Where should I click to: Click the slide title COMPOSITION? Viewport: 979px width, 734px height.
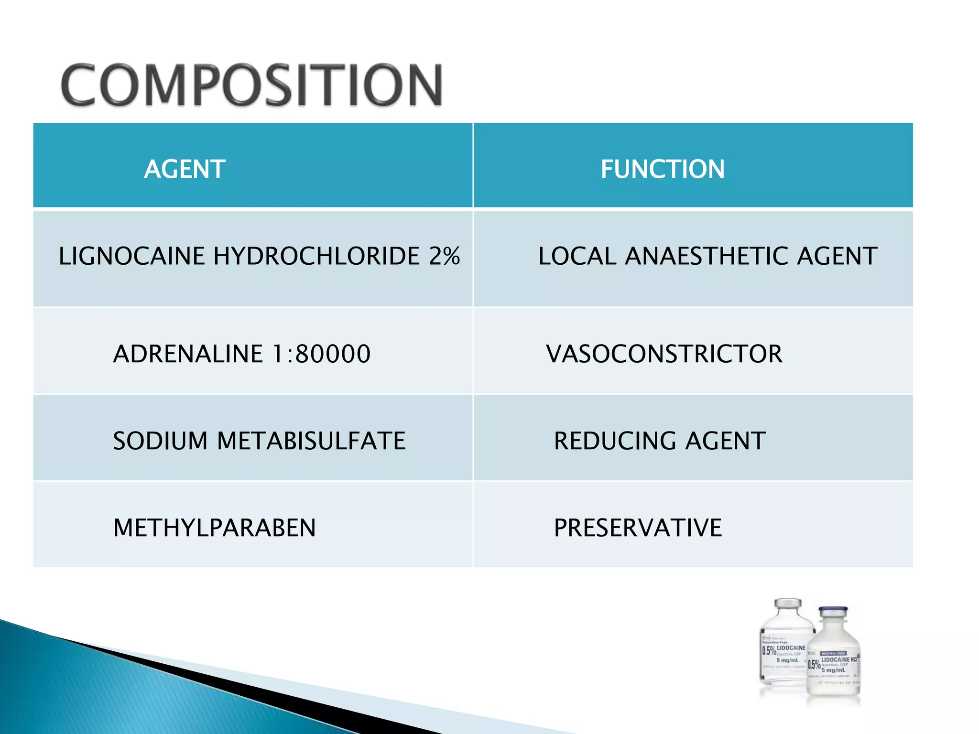point(252,85)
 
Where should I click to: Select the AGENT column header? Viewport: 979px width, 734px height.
point(185,169)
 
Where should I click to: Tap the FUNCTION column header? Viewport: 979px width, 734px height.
point(663,169)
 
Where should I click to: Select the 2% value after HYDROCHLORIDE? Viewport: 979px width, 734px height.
point(444,256)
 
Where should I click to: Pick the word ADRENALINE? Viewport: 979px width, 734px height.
point(188,354)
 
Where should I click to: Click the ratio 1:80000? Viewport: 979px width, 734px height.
point(321,354)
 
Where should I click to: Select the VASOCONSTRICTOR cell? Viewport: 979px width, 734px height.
point(664,354)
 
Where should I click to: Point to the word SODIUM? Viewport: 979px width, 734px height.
point(160,441)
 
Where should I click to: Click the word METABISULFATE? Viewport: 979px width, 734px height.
point(311,441)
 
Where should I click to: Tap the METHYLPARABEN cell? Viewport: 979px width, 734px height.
point(215,528)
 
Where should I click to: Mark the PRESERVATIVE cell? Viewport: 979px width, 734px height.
point(638,528)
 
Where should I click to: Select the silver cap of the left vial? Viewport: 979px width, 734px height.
point(788,603)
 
